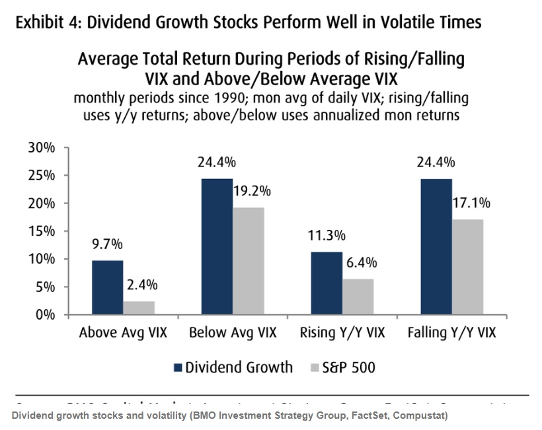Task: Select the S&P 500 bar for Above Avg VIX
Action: click(x=139, y=308)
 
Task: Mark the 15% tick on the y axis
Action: click(x=42, y=231)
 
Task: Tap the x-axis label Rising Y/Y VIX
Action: click(x=343, y=333)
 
